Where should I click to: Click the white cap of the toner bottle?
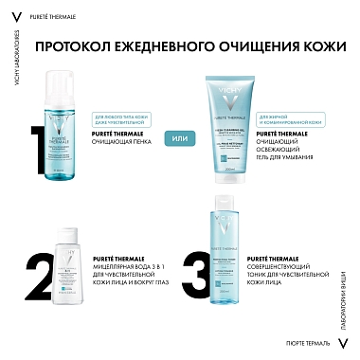click(x=225, y=209)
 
